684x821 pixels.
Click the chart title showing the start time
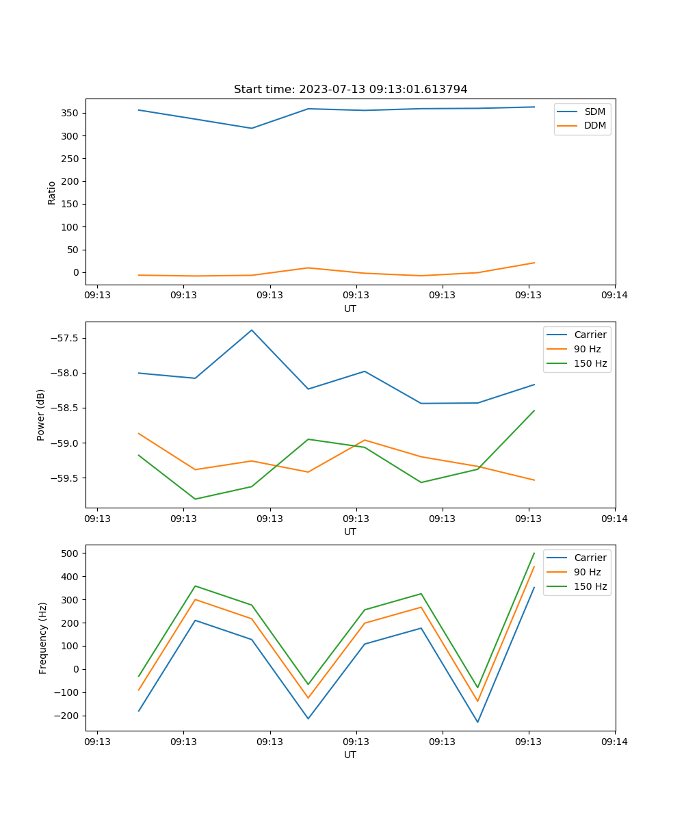350,90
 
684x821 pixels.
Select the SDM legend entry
594,112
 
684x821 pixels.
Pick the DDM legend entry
594,126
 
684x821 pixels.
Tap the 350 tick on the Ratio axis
70,113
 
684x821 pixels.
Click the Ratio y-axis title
51,192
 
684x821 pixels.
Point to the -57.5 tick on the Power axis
65,339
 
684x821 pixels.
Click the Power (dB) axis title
41,415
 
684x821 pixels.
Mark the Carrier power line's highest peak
252,330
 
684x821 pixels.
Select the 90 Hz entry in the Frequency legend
587,572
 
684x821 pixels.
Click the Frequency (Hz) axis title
42,638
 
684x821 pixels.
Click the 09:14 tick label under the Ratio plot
614,296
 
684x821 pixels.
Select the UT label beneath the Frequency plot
350,755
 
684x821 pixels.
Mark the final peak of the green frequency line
534,553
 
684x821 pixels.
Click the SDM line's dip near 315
252,128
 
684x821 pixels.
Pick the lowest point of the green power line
196,499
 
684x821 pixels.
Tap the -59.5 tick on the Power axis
65,478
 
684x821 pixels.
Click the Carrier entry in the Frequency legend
590,558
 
